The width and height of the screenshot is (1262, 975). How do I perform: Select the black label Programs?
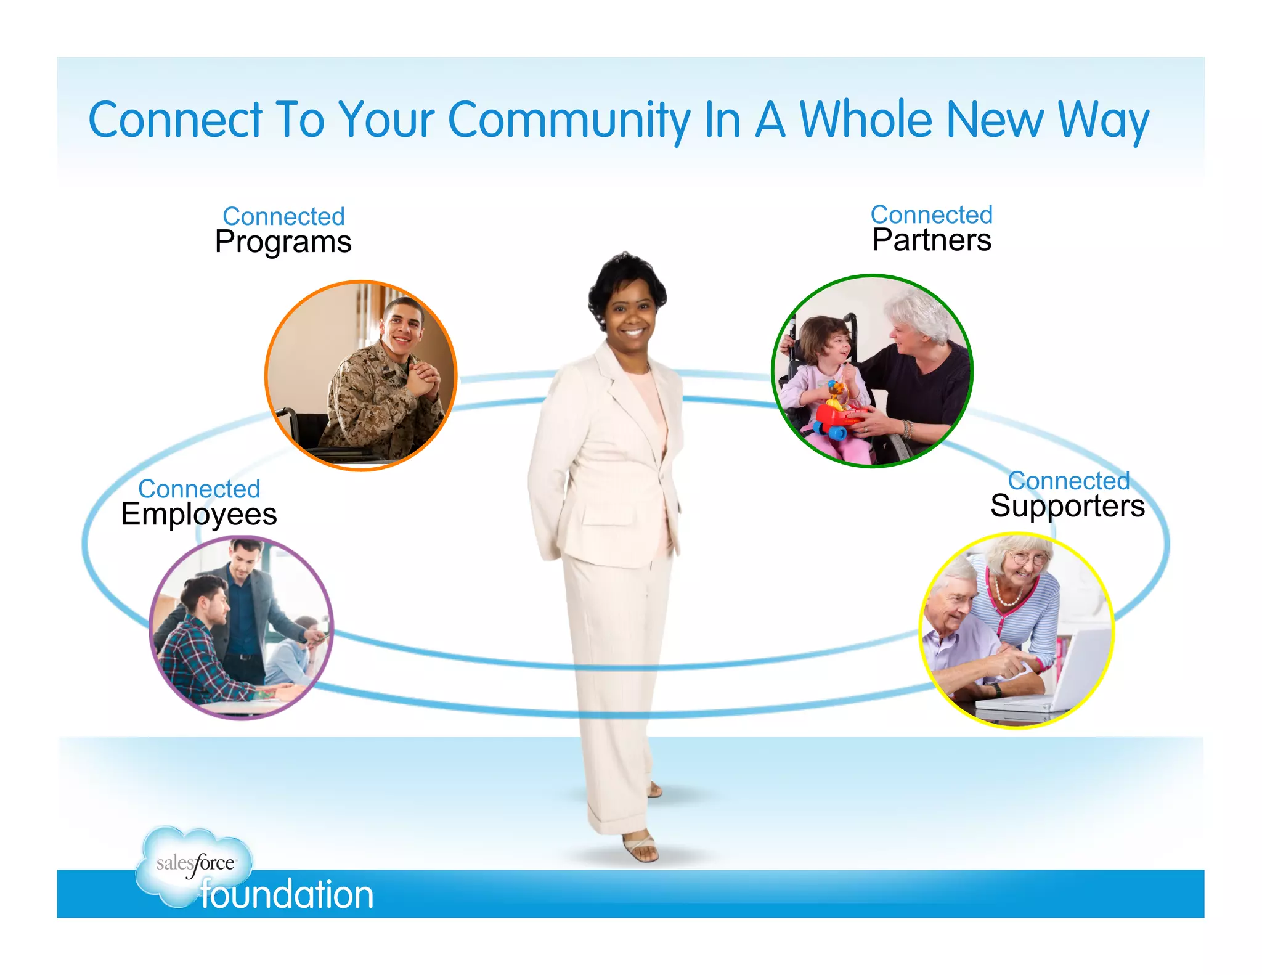coord(283,242)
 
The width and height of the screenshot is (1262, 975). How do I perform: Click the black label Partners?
coord(932,240)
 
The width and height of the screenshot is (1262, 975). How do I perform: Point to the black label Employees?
coord(198,514)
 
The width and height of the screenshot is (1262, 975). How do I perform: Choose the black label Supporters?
coord(1067,506)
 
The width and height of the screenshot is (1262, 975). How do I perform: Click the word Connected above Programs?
coord(283,216)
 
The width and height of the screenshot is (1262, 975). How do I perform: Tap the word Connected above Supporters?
coord(1069,480)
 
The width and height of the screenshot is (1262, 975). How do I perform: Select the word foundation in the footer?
coord(287,895)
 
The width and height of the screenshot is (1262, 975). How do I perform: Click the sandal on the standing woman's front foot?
coord(641,849)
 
